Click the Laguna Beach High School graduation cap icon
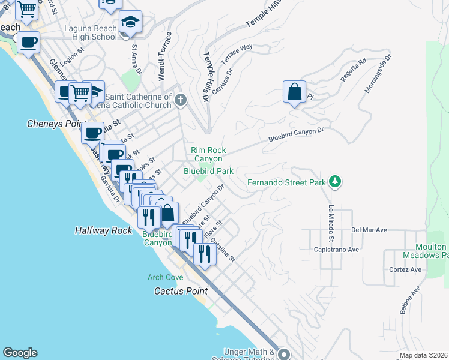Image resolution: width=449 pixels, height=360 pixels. [130, 22]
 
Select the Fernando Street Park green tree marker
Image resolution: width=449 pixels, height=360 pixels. [336, 182]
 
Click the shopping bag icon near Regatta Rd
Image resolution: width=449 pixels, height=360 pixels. [294, 92]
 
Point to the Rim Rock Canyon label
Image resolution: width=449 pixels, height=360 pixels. [207, 154]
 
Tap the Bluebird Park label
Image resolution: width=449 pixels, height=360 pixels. [208, 171]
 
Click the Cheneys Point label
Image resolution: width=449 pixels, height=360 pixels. [54, 124]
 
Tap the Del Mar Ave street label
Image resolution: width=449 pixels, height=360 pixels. [369, 230]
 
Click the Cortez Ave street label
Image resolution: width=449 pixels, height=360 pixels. [406, 269]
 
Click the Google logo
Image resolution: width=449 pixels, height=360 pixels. [20, 353]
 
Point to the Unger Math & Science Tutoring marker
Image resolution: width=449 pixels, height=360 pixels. [283, 354]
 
